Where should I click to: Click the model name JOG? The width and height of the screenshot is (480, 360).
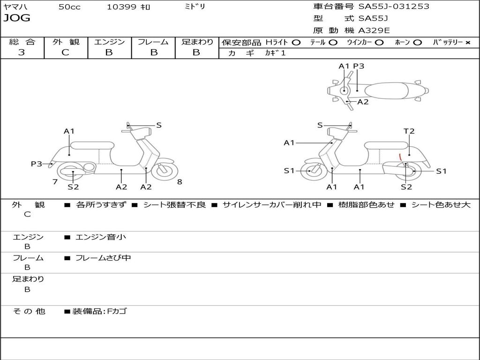pos(17,18)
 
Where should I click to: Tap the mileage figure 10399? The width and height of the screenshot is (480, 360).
pos(121,7)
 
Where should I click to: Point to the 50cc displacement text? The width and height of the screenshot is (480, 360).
pos(69,7)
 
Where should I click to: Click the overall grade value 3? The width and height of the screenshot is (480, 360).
pos(22,52)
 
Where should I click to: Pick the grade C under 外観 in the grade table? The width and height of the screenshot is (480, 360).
pos(66,52)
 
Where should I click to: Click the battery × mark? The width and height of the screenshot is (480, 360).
pos(467,42)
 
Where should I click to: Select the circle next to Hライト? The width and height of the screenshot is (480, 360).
pos(296,42)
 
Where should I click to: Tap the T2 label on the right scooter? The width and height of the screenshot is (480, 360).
pos(409,131)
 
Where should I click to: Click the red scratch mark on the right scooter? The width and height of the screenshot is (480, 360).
pos(400,157)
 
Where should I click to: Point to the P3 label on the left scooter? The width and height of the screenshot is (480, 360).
pos(37,164)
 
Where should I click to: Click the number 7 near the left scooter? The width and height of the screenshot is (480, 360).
pos(55,182)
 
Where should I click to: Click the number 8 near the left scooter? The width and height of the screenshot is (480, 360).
pos(180,182)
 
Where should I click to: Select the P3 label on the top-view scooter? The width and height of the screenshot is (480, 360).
pos(359,66)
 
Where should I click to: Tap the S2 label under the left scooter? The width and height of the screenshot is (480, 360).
pos(73,187)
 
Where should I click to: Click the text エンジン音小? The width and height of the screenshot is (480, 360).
pos(101,237)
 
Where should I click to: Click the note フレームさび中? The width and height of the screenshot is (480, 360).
pos(103,258)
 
